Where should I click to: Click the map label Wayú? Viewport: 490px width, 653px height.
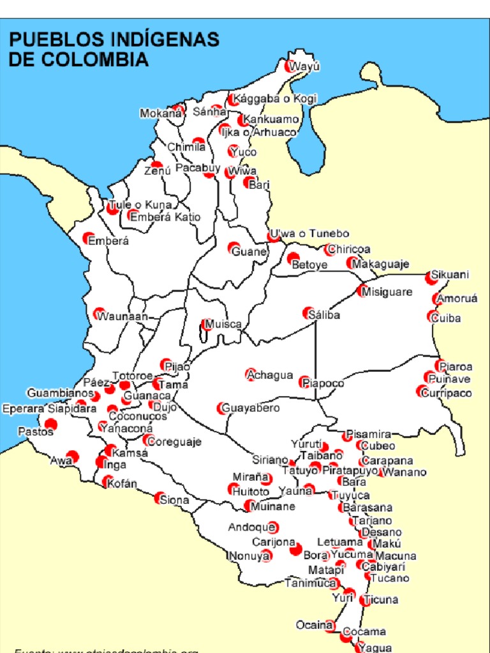[304, 67]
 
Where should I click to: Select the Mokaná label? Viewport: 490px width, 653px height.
[161, 114]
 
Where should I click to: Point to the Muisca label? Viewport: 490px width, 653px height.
[223, 325]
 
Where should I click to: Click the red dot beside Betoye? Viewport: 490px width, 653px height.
[293, 259]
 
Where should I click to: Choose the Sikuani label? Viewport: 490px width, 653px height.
[450, 275]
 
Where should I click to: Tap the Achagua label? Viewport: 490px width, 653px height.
[271, 375]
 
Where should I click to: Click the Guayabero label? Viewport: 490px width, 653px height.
[250, 407]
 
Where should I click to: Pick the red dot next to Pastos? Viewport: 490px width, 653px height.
[51, 424]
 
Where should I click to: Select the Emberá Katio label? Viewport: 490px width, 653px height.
[165, 217]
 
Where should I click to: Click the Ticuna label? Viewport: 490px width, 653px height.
[382, 599]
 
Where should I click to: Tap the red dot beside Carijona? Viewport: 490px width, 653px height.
[295, 549]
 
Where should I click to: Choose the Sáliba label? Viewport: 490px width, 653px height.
[324, 315]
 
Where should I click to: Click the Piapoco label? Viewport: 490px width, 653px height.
[323, 383]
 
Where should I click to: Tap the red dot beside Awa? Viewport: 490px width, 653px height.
[72, 456]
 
